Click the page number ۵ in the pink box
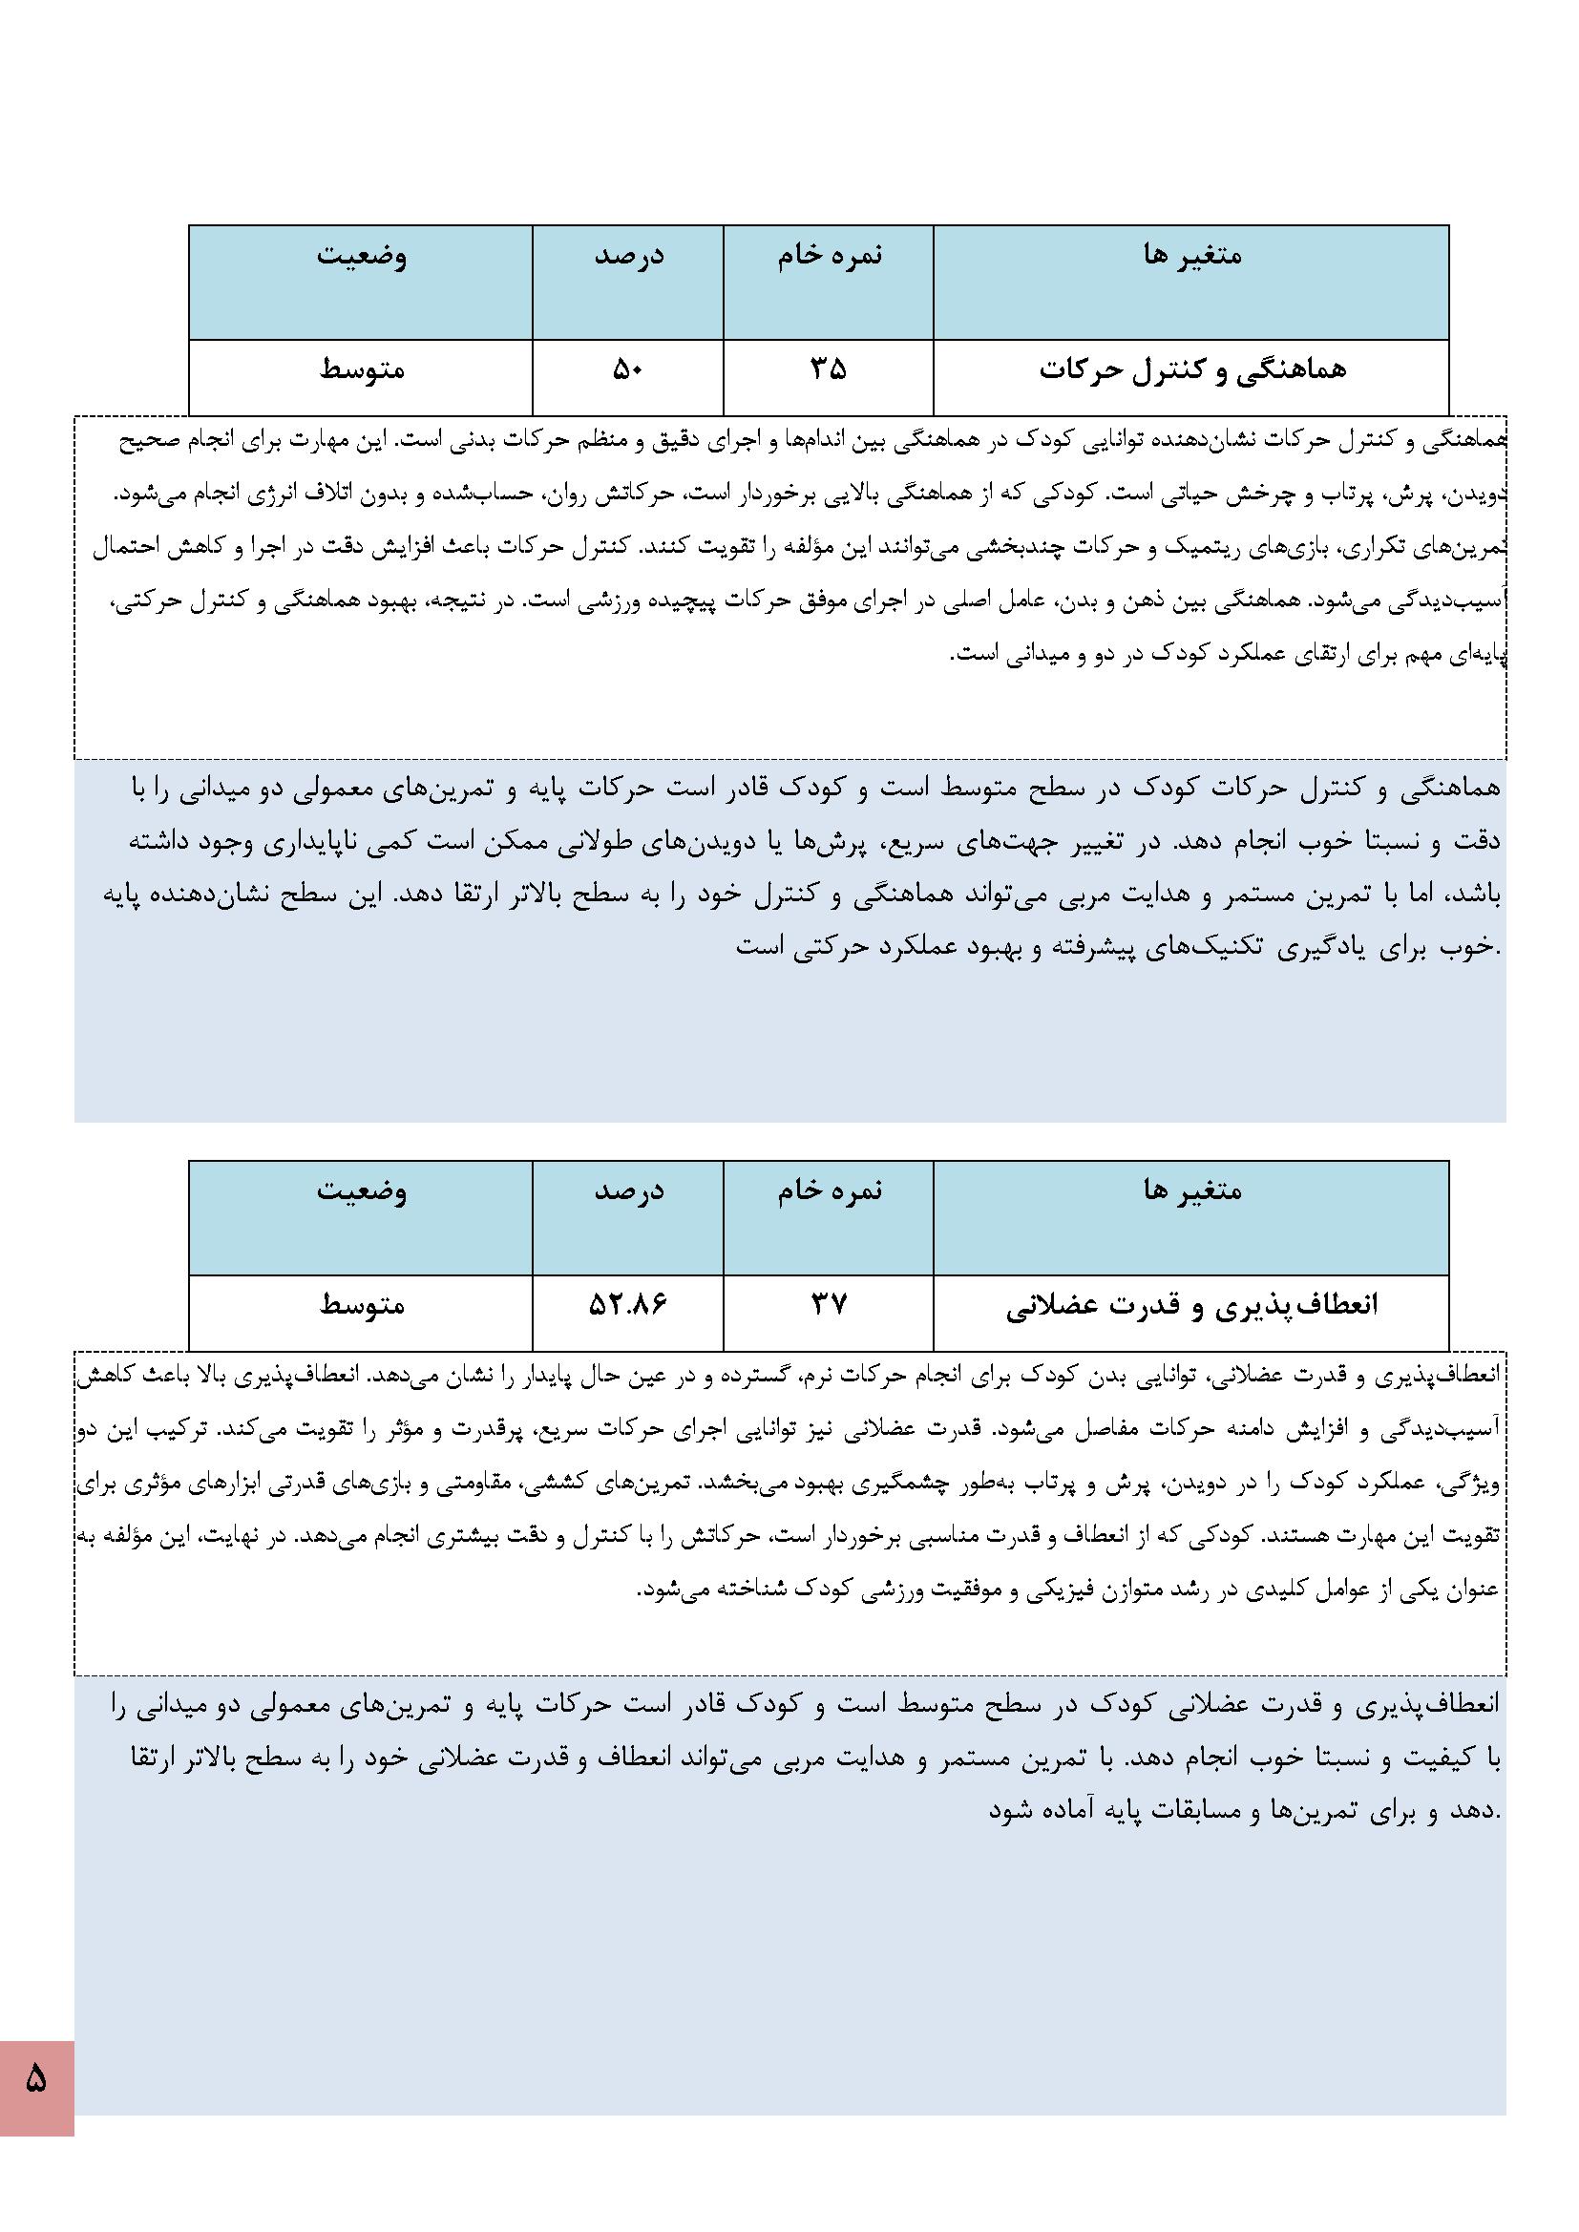(36, 2077)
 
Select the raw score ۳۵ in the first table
(829, 369)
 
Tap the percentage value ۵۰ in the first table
(627, 369)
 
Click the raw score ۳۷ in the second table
(829, 1305)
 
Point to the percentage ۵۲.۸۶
(627, 1305)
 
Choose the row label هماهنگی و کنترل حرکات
(1192, 369)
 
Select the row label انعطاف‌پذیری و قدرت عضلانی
(1192, 1305)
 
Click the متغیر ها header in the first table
(1192, 255)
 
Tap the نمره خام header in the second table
(829, 1190)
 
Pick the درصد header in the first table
(629, 255)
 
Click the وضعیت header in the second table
(361, 1190)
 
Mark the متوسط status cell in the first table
(362, 369)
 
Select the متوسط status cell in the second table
(362, 1305)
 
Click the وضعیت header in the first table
(361, 255)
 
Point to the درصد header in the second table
(629, 1190)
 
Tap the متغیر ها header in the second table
(1192, 1190)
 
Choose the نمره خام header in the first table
(829, 255)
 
